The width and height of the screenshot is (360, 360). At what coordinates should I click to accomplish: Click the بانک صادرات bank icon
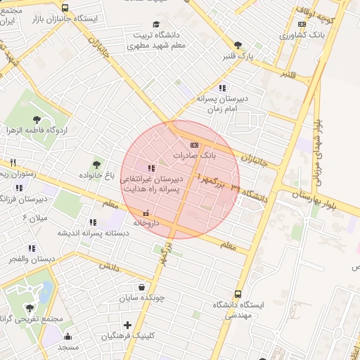pyautogui.click(x=195, y=146)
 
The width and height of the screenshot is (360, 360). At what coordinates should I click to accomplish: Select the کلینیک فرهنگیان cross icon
pyautogui.click(x=127, y=325)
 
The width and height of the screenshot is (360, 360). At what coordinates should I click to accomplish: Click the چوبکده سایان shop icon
pyautogui.click(x=143, y=287)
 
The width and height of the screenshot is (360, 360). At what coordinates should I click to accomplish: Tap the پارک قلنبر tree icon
pyautogui.click(x=238, y=44)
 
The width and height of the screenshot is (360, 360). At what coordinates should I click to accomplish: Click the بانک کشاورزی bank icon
pyautogui.click(x=302, y=23)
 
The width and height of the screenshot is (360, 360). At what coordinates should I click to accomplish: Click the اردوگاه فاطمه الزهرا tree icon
pyautogui.click(x=37, y=120)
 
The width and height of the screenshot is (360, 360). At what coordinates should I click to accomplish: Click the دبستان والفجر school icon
pyautogui.click(x=32, y=248)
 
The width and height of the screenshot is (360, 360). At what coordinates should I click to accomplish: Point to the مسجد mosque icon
pyautogui.click(x=67, y=335)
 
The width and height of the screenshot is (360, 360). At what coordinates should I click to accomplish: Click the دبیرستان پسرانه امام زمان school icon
pyautogui.click(x=223, y=88)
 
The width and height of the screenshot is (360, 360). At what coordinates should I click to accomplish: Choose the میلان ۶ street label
pyautogui.click(x=34, y=218)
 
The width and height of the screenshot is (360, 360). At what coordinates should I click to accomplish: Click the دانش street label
pyautogui.click(x=106, y=267)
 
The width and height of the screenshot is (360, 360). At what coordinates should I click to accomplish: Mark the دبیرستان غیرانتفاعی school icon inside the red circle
pyautogui.click(x=152, y=168)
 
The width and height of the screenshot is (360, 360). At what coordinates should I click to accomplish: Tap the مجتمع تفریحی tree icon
pyautogui.click(x=30, y=307)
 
